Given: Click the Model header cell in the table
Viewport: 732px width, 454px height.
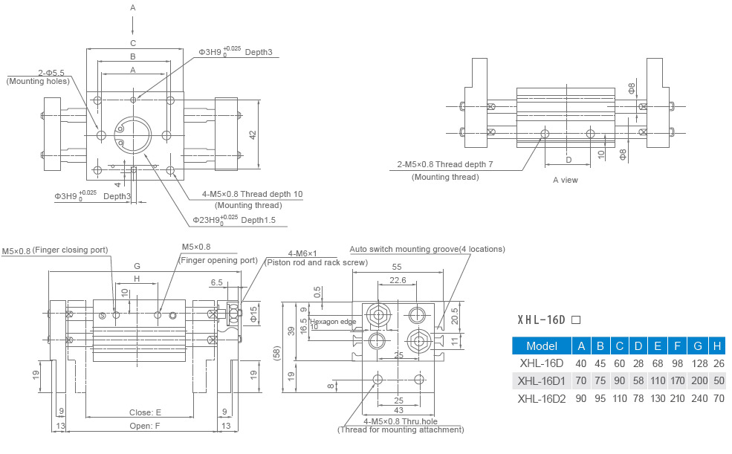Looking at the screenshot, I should coord(541,346).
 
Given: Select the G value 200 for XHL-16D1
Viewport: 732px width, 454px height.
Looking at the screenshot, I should coord(698,380).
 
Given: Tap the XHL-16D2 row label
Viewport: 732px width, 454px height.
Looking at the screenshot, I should coord(542,399).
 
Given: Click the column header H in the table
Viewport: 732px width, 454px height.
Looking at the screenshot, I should coord(716,346).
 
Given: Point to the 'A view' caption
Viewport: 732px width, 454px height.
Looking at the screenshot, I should coord(565,180).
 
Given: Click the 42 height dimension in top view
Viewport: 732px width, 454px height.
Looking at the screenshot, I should coord(253,134).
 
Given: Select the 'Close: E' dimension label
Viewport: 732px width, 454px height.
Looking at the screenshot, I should coord(145,412).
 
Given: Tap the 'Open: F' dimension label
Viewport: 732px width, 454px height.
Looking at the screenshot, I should coord(145,427).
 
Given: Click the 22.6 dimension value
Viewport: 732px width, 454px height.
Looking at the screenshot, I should coord(398,280).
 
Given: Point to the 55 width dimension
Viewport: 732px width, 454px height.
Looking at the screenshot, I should coord(397,266).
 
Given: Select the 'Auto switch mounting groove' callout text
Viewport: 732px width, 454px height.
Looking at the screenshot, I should coord(427,249).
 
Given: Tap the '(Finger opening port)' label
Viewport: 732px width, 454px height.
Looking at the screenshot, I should coord(218,260).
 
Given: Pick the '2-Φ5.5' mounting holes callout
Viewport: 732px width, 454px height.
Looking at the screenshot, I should coord(51,72).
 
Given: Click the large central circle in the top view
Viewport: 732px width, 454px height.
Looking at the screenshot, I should coord(134,134).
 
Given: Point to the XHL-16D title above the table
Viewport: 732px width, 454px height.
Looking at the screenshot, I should coord(542,320).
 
